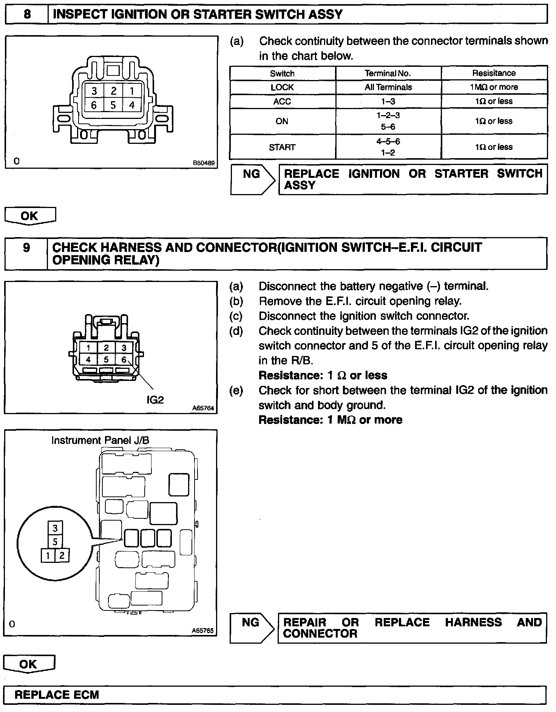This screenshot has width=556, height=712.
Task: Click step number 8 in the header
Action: pos(27,14)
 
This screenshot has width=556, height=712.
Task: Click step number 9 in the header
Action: pos(26,248)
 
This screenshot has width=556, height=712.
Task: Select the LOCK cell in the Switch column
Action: pos(282,87)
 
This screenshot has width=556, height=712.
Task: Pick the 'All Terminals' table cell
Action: pos(388,87)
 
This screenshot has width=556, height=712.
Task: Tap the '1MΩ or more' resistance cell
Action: pos(494,87)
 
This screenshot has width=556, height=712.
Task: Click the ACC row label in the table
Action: pos(282,101)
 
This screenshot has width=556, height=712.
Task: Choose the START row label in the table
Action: pos(282,147)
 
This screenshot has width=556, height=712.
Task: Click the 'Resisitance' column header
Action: pos(494,73)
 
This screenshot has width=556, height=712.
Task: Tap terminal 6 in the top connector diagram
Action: pos(94,105)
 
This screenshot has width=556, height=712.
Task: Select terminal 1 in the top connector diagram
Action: pos(131,91)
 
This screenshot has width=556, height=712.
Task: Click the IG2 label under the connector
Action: pos(155,400)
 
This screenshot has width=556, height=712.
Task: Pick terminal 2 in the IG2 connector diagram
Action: pos(106,348)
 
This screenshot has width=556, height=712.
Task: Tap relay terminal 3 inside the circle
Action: pos(55,528)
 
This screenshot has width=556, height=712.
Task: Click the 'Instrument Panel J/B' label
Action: pos(100,440)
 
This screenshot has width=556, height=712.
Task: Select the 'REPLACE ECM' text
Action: pos(57,695)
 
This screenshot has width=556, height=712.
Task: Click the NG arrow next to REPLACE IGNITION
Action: pos(252,179)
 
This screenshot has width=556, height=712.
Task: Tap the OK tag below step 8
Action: pos(29,216)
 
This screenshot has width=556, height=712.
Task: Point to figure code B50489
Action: pos(203,163)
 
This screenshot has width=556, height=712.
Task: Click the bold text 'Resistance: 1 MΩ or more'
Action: pos(330,420)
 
